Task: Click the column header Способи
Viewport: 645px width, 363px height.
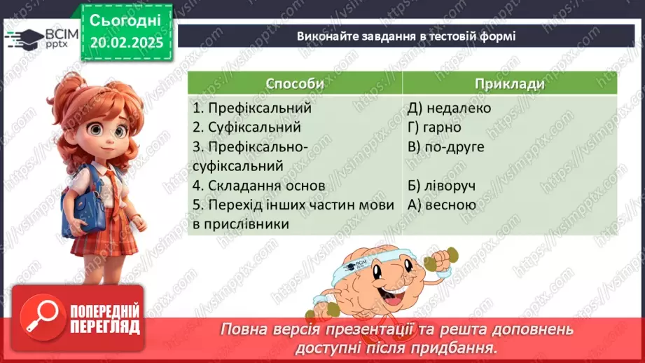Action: point(295,83)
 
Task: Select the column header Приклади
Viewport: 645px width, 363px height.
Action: point(509,83)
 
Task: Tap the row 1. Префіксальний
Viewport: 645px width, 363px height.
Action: point(252,109)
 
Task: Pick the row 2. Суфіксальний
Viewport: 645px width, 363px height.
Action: point(247,128)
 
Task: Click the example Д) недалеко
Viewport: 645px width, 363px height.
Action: point(449,109)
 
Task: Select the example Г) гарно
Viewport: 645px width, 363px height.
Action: point(433,128)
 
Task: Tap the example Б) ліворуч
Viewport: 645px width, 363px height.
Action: point(441,186)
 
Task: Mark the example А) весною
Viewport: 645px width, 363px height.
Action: point(441,205)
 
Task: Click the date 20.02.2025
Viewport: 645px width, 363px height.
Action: point(126,43)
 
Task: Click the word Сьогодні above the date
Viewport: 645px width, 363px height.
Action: point(125,20)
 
